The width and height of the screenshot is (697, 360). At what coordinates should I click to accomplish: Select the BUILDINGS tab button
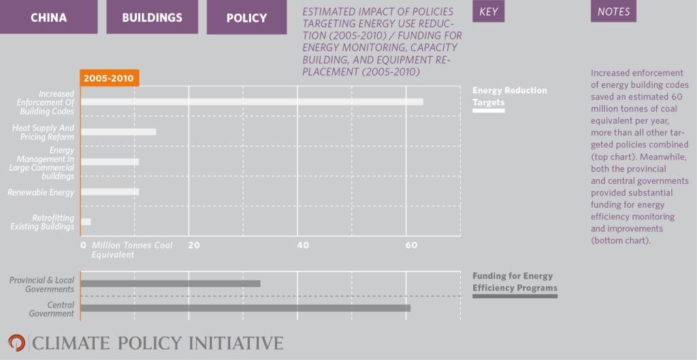coord(152,17)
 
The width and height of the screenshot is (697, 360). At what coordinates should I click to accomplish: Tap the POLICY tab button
coord(246,17)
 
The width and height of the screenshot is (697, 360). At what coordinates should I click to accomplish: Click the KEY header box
coord(488,12)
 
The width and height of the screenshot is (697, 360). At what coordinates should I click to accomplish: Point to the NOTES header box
coord(613,12)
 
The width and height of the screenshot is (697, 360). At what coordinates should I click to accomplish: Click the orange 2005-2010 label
coord(109,78)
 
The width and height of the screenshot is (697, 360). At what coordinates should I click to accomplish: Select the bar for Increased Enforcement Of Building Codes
coord(252,102)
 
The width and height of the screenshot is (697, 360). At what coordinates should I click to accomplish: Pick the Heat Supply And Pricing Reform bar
coord(118,131)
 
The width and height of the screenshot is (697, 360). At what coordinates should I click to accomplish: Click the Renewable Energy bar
coord(110,192)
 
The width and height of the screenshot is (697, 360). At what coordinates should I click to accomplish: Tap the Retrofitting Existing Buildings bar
coord(86,222)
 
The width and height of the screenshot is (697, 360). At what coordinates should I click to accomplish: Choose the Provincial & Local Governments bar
coord(170,283)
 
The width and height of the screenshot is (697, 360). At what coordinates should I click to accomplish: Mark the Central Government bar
coord(245,308)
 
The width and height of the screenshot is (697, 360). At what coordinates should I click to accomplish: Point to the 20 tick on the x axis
coord(193,244)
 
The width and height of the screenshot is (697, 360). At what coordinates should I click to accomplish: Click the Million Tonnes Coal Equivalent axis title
coord(133,250)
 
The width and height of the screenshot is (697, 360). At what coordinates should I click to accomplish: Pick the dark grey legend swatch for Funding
coord(515,296)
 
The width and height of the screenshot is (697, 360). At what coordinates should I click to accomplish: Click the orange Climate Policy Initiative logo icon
coord(16,342)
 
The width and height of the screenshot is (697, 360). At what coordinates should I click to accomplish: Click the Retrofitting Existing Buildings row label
coord(42,222)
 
